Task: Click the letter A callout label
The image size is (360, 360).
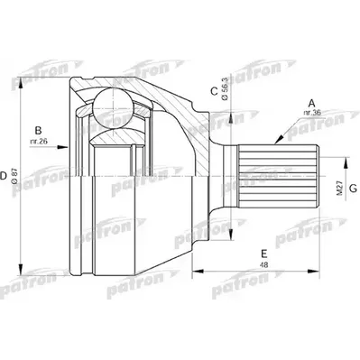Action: coord(312,103)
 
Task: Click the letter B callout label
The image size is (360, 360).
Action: coord(38,131)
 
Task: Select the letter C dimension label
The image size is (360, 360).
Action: coord(214,91)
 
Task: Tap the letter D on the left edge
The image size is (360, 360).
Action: coord(4,176)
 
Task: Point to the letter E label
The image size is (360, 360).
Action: coord(263,254)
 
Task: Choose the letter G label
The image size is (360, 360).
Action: coord(353,189)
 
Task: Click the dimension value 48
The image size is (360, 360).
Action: coord(263,265)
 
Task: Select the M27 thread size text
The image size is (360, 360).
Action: coord(340,189)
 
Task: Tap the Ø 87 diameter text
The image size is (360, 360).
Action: coord(15,177)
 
